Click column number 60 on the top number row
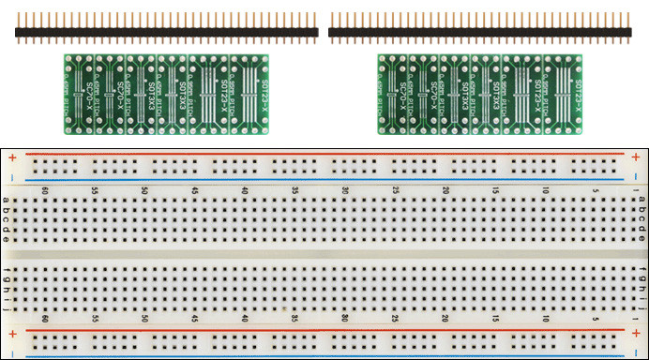44,190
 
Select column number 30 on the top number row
345,190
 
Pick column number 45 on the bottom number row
194,319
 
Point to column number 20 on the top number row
445,190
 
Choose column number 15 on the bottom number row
495,319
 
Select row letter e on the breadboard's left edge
8,239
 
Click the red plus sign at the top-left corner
11,157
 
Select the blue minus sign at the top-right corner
637,177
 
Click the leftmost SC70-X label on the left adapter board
88,94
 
